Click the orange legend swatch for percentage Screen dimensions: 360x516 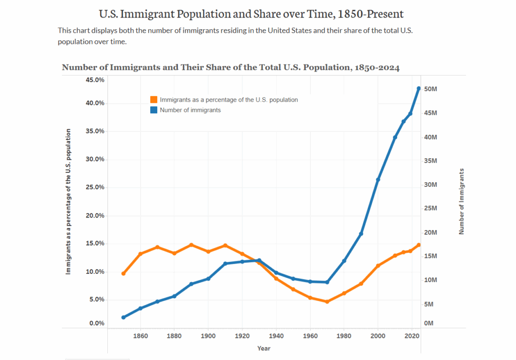coord(154,100)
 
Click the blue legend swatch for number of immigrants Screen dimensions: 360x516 coord(154,110)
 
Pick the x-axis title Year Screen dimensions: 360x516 coord(264,348)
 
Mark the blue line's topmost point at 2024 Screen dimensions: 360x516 coord(419,89)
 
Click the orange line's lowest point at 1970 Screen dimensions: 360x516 coord(327,302)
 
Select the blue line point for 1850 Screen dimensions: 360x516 coord(123,317)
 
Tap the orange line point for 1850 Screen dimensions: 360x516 coord(123,273)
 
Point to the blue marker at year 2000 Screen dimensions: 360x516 coord(378,180)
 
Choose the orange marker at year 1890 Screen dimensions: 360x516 coord(191,245)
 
